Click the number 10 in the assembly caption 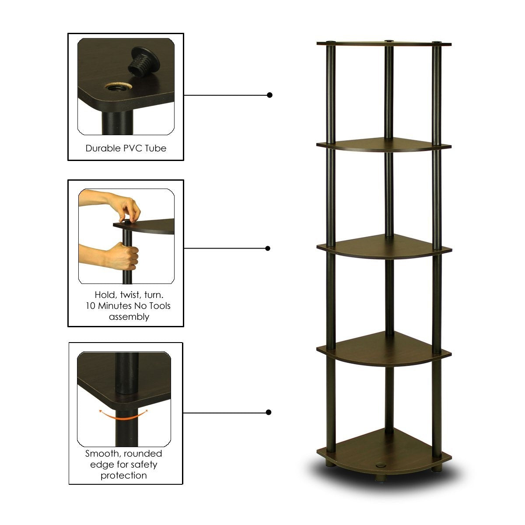tap(91, 305)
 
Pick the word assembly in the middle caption tap(129, 316)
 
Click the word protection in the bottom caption tap(124, 475)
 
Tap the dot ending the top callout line tap(270, 95)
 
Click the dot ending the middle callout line tap(268, 248)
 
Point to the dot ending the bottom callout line tap(269, 412)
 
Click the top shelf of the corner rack tap(384, 43)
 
